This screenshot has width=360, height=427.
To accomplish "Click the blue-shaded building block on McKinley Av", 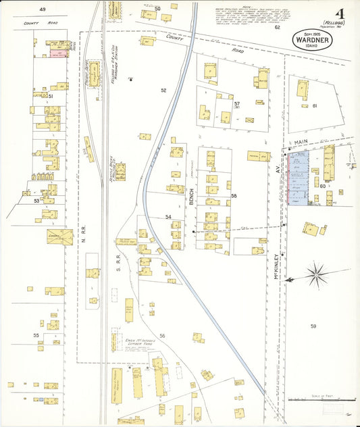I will [299, 177].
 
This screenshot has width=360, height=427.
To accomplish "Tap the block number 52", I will [163, 90].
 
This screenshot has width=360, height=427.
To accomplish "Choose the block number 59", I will [313, 326].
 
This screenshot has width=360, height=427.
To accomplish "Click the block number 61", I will [314, 105].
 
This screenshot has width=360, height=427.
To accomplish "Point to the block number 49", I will [43, 9].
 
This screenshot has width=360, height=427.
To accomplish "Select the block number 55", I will [36, 335].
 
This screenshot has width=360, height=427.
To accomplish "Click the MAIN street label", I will [301, 143].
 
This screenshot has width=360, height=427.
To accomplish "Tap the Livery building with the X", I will [59, 237].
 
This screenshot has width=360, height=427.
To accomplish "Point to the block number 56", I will [163, 335].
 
